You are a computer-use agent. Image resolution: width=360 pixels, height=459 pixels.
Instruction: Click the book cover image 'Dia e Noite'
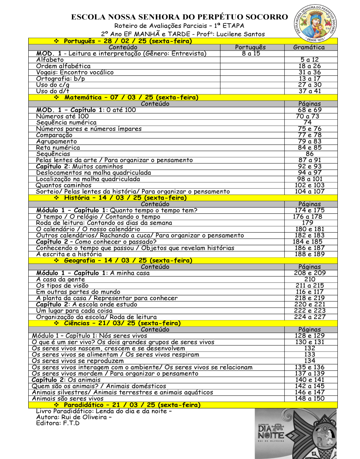(296, 433)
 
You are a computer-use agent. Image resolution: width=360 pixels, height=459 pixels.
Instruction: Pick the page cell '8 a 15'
(251, 54)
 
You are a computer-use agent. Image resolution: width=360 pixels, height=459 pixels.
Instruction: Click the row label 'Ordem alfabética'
(64, 66)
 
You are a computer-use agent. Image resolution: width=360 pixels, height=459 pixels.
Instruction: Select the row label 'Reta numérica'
(58, 148)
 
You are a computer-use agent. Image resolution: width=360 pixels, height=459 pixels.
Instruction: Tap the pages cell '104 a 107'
(310, 191)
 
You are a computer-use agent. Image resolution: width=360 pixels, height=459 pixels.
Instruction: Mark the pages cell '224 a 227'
(310, 317)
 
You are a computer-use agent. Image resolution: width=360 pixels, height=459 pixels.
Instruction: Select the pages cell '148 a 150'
(310, 399)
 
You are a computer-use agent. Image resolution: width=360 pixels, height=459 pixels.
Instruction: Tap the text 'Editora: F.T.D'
(58, 423)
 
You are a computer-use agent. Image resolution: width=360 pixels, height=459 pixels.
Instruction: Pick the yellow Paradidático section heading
(132, 405)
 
